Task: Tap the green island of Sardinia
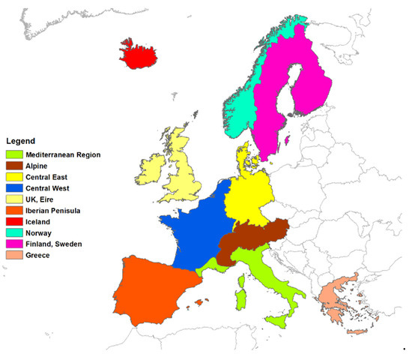click(x=240, y=298)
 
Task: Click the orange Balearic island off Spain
click(x=199, y=303)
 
